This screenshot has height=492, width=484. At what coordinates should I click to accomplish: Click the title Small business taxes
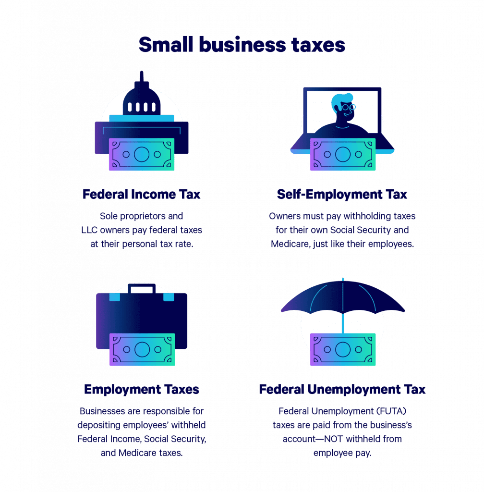[242, 45]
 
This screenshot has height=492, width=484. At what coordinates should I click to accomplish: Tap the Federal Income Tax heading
[142, 195]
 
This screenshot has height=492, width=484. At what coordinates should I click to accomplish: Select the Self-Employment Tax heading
[342, 195]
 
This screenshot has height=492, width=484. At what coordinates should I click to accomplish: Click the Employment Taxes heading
[142, 389]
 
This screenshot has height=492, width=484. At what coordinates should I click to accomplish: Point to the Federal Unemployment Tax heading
[342, 389]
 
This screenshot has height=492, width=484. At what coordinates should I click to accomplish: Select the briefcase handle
[142, 288]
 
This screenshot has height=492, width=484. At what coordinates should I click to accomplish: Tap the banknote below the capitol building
[142, 154]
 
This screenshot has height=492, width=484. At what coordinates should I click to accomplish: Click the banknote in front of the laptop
[342, 154]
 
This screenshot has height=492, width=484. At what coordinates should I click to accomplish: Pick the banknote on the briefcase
[142, 349]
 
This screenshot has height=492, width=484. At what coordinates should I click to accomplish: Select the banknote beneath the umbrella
[342, 349]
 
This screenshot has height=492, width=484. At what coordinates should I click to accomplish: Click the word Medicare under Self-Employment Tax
[289, 244]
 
